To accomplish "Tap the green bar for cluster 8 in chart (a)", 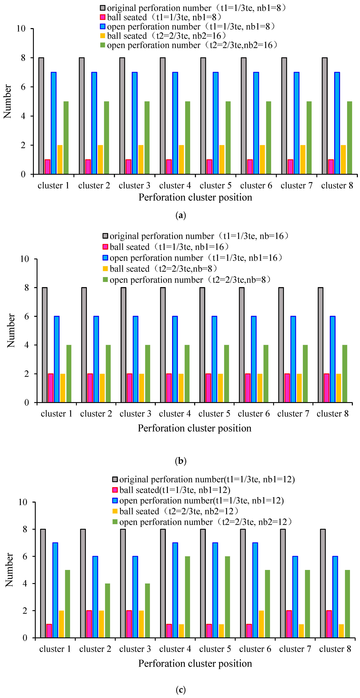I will (349, 138).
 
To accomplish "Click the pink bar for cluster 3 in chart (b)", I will (129, 388).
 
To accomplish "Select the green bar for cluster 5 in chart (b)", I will (227, 374).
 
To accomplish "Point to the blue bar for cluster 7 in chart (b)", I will (293, 359).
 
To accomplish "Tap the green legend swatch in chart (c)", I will (115, 522).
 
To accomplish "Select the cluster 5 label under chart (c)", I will (215, 649).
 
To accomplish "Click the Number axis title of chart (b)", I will (11, 331).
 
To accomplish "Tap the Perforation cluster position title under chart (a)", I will (195, 197).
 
